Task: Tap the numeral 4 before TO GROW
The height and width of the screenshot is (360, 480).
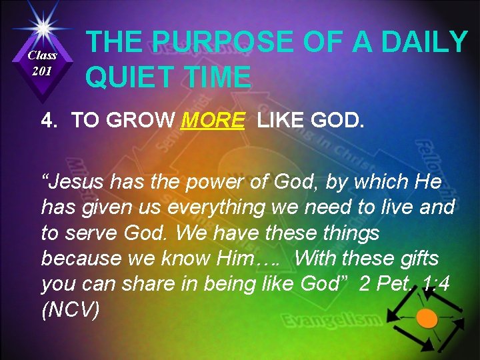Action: [x=47, y=121]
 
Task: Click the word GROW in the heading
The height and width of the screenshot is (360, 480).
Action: [x=144, y=121]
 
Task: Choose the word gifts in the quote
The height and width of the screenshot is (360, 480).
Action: [x=417, y=259]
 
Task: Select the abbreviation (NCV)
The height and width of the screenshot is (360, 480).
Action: [x=71, y=309]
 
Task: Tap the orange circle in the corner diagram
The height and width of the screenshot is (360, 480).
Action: [x=427, y=318]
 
